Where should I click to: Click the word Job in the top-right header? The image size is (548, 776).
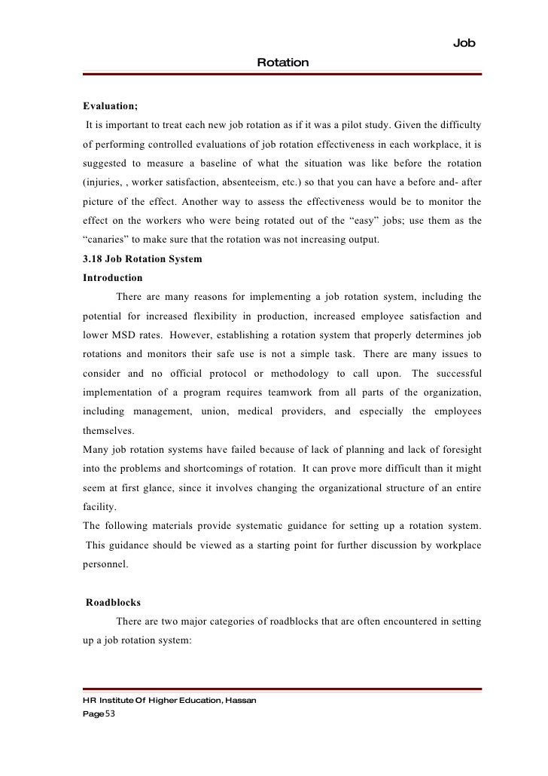tap(464, 44)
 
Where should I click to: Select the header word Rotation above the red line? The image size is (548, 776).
tap(282, 63)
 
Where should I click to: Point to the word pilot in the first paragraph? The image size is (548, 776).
tap(368, 124)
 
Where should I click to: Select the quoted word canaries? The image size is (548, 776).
tap(108, 240)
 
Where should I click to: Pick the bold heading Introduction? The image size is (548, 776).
tap(112, 277)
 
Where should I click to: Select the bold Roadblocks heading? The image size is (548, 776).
tap(113, 603)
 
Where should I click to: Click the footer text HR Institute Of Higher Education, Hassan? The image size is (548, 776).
tap(169, 700)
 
